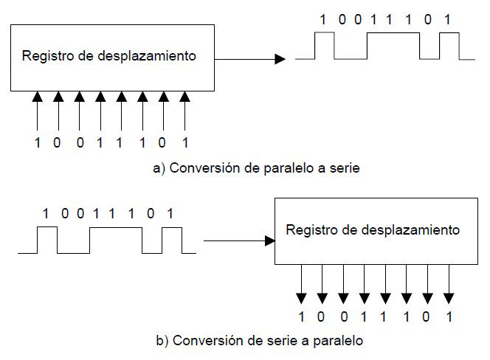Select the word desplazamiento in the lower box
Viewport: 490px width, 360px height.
pyautogui.click(x=418, y=230)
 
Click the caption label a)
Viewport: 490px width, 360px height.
pyautogui.click(x=158, y=168)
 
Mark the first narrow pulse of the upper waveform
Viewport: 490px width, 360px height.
pyautogui.click(x=324, y=46)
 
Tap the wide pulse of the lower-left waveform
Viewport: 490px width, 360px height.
pyautogui.click(x=115, y=240)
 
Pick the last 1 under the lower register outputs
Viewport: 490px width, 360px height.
pyautogui.click(x=449, y=317)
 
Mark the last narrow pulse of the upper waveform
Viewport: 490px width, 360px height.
pyautogui.click(x=448, y=46)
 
